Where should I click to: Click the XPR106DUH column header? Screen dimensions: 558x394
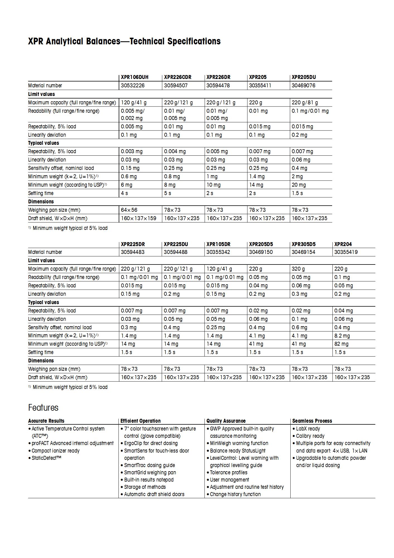[x=135, y=77]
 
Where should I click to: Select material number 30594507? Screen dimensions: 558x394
[x=176, y=86]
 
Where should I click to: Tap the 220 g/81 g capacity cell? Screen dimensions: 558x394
[x=305, y=103]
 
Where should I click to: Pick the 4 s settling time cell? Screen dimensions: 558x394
[x=124, y=193]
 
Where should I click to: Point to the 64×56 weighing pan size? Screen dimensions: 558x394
[x=129, y=210]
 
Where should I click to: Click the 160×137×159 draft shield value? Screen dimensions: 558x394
[x=138, y=218]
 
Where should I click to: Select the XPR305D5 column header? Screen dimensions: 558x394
[x=303, y=244]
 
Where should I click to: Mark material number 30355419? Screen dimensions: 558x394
[x=346, y=252]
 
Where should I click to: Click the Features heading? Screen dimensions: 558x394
[x=43, y=408]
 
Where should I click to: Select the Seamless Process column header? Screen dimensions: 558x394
[x=312, y=421]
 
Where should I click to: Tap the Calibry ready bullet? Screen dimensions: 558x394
[x=310, y=436]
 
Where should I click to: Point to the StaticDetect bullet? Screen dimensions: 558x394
[x=46, y=458]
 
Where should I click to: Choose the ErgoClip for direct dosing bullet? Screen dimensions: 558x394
[x=151, y=443]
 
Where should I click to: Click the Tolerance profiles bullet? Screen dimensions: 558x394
[x=228, y=472]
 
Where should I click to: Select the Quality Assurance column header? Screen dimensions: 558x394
[x=226, y=421]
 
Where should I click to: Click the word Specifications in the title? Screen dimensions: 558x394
[x=194, y=41]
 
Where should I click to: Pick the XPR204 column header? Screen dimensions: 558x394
[x=343, y=244]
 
